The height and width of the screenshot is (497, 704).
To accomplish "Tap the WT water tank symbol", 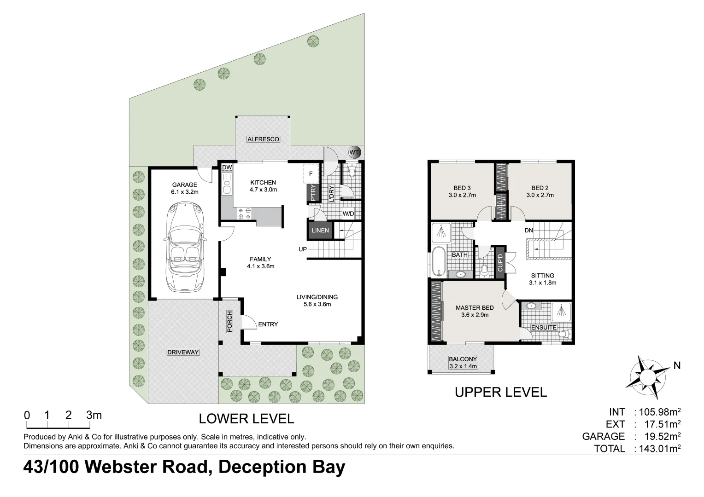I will tap(354, 152).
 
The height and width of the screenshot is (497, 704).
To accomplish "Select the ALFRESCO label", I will tap(263, 139).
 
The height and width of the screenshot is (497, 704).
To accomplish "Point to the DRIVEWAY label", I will tap(183, 353).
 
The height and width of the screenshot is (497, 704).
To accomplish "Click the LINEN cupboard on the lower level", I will tap(320, 230).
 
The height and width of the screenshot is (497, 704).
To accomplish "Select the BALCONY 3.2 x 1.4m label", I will tap(463, 363).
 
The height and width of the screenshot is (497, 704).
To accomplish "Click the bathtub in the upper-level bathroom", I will tap(437, 262).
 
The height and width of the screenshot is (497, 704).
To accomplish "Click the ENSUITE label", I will tap(544, 327).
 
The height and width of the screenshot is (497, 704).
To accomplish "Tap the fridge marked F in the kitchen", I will tap(311, 174).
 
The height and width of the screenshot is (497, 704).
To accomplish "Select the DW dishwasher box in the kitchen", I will tap(227, 168).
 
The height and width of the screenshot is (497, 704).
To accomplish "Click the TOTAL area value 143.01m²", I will tap(657, 448).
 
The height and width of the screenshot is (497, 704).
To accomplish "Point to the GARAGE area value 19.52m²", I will tap(657, 436).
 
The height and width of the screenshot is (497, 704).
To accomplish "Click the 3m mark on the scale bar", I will tap(94, 415).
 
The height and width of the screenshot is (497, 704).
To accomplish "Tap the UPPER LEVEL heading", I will tap(501, 392).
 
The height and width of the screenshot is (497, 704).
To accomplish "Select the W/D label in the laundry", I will tap(348, 214).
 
